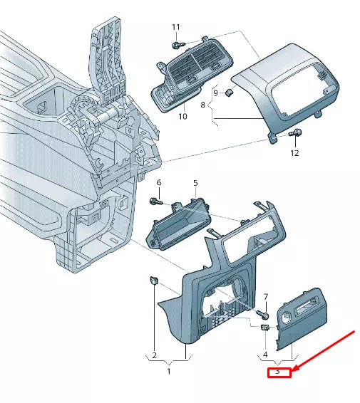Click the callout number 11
(x=176, y=27)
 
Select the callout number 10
(x=182, y=115)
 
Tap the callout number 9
(x=215, y=93)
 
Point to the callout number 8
(x=203, y=105)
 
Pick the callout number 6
(x=159, y=183)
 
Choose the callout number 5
(x=195, y=183)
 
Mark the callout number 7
(x=265, y=296)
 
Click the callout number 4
(x=265, y=354)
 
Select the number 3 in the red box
(x=278, y=372)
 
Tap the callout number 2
(x=153, y=355)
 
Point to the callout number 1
(x=169, y=371)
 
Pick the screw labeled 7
(x=264, y=313)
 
